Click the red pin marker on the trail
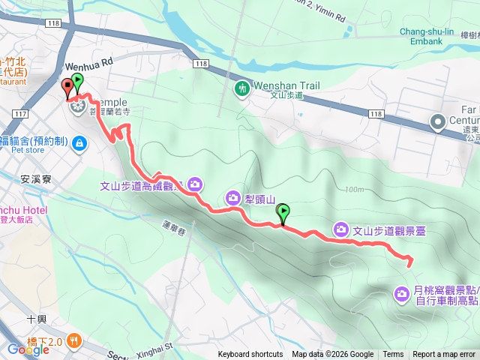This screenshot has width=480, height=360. [x=67, y=87]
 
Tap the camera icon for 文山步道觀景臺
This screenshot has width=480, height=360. [x=341, y=229]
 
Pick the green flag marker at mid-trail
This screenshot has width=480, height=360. [x=283, y=214]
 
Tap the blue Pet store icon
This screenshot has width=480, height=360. [x=79, y=144]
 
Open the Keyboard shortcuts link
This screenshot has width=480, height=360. [x=250, y=355]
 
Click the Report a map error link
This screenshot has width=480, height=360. [x=444, y=355]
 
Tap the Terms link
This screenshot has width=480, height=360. [x=393, y=355]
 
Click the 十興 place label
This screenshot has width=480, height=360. [x=37, y=319]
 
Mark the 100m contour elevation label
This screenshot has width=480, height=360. [x=355, y=189]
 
